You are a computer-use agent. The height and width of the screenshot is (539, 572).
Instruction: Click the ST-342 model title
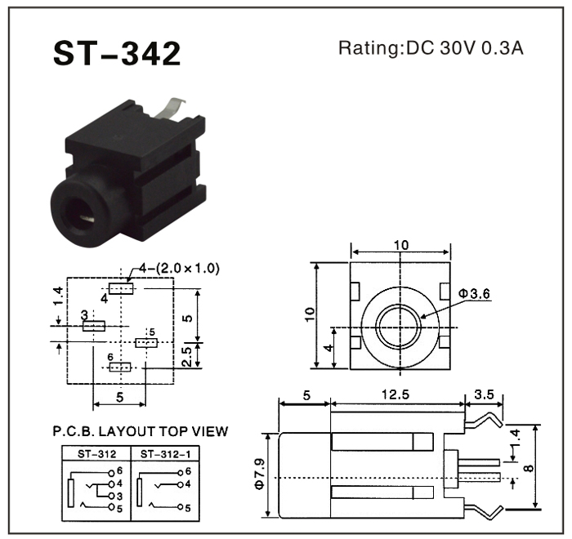[116, 53]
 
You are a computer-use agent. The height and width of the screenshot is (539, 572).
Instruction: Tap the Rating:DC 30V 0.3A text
[431, 49]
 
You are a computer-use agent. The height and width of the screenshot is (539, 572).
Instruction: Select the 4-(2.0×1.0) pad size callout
[179, 268]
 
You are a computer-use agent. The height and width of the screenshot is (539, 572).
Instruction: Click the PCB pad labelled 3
[94, 326]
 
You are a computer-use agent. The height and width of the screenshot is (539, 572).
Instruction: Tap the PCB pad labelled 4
[121, 288]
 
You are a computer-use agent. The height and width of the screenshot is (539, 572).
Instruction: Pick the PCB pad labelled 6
[120, 367]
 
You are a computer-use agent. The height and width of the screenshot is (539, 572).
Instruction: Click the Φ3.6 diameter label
[473, 293]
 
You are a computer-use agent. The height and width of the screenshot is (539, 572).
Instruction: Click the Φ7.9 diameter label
[260, 473]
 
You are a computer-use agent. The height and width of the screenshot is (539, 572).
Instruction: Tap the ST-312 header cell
[96, 453]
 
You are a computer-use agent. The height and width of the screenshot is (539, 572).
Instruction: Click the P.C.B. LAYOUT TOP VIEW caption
[140, 432]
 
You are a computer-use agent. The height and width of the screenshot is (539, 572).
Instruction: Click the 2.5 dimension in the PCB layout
[186, 356]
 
